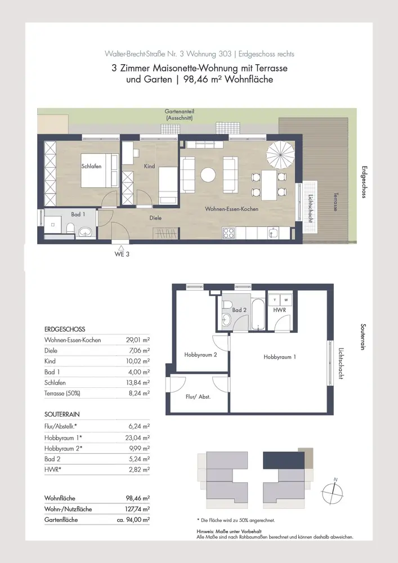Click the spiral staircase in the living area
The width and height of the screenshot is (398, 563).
point(280,154)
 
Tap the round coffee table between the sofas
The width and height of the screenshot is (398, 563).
point(208,175)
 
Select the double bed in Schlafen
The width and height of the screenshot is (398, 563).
point(100,171)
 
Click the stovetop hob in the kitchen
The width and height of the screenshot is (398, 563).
point(229,234)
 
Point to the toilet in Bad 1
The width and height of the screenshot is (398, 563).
point(71,229)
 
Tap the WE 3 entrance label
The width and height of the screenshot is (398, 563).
point(122,254)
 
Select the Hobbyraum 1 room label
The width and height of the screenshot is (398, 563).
point(280,357)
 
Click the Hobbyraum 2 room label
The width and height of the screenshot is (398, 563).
point(200,355)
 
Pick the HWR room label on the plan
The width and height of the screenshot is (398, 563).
point(280,310)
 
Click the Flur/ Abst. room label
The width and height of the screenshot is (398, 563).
point(198,397)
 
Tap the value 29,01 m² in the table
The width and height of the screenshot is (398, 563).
point(138,339)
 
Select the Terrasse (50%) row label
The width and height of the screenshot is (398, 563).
point(62,393)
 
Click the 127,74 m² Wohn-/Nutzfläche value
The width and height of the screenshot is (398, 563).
point(138,509)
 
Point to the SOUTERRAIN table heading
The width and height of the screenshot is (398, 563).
point(62,414)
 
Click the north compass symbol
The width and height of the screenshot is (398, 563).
point(332,493)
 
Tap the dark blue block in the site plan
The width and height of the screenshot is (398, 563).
point(284,461)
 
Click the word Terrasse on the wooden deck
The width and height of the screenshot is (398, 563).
point(336,202)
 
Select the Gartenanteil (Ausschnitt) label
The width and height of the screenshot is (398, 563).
point(180,114)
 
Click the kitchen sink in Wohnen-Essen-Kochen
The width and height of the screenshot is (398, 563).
point(274,234)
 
